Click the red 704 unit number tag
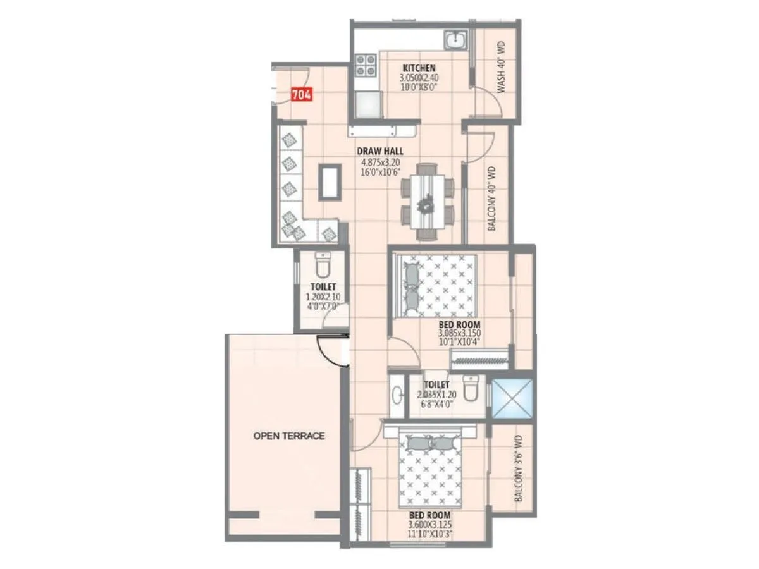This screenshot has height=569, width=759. coord(301,95)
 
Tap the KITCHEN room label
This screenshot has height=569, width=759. coord(419,68)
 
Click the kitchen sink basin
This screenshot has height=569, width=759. coord(455,41)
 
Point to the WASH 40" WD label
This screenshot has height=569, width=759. coord(500,68)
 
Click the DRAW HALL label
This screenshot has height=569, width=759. coord(380,151)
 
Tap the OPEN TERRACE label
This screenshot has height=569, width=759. coord(289,436)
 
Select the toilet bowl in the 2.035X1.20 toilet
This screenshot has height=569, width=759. coord(471,389)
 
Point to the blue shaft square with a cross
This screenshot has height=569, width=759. coord(512,400)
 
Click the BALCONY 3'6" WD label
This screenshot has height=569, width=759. coord(518,468)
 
